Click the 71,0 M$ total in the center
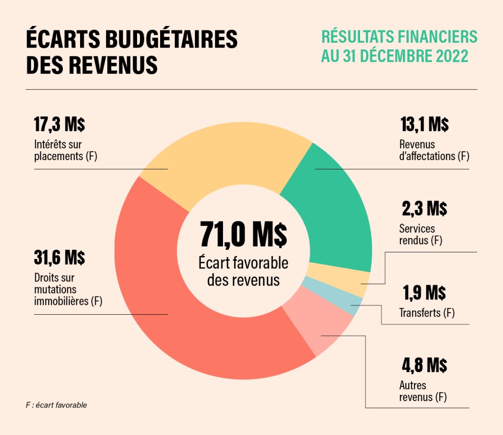(x=244, y=235)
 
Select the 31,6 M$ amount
(x=59, y=257)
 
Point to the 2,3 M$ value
(x=424, y=209)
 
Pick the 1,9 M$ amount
(x=424, y=293)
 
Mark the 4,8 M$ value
(x=424, y=365)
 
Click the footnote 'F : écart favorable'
(x=56, y=405)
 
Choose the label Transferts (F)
(x=427, y=313)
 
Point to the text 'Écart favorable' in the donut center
(x=244, y=263)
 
